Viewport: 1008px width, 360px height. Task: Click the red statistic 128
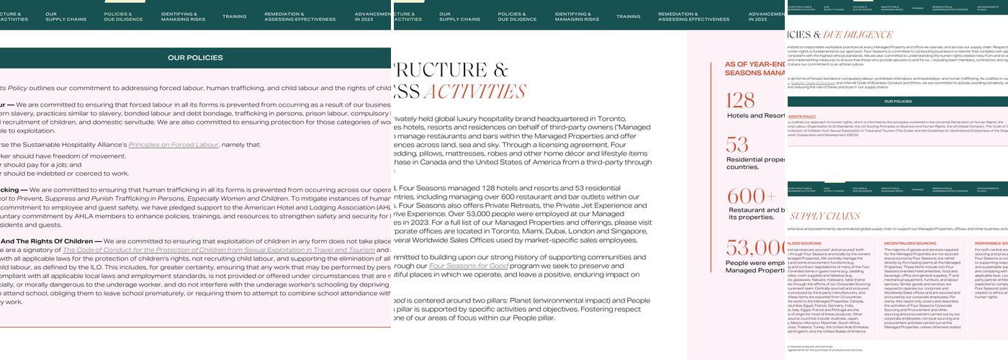pyautogui.click(x=740, y=100)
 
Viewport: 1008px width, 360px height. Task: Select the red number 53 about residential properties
pyautogui.click(x=737, y=144)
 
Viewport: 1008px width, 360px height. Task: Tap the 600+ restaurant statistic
pyautogui.click(x=752, y=196)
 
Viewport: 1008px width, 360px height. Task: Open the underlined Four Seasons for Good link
pyautogui.click(x=469, y=266)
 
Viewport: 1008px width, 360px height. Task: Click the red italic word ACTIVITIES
pyautogui.click(x=475, y=92)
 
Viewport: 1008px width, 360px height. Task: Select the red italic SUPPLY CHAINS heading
pyautogui.click(x=815, y=216)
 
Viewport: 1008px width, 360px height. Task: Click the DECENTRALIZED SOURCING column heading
pyautogui.click(x=910, y=244)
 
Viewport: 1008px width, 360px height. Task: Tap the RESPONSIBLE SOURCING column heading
pyautogui.click(x=991, y=244)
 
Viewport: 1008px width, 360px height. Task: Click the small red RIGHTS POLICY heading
pyautogui.click(x=801, y=116)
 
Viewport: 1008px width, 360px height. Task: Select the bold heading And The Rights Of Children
pyautogui.click(x=51, y=241)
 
